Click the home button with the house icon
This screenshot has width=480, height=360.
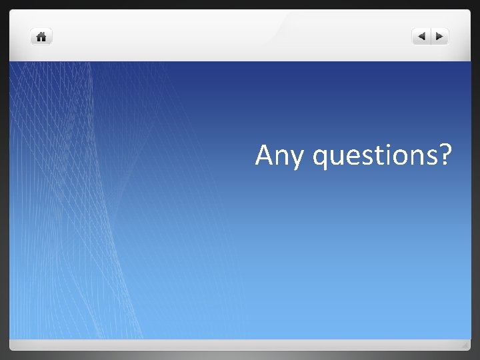[x=41, y=37]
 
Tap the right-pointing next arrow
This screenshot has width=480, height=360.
[x=440, y=37]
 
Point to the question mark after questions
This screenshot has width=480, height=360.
[x=445, y=155]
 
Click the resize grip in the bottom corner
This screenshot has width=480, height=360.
[x=465, y=345]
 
